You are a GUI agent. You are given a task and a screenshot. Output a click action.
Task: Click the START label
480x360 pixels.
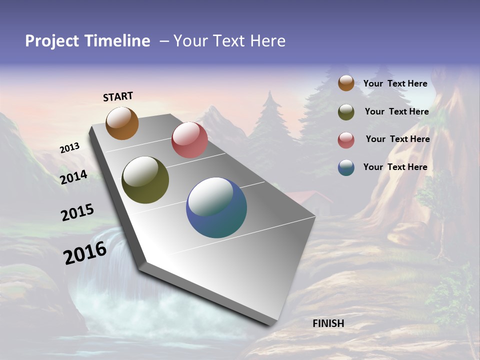click(x=118, y=96)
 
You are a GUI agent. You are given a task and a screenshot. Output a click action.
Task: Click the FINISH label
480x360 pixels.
click(x=328, y=323)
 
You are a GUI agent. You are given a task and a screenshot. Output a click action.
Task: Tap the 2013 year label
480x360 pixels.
click(x=69, y=148)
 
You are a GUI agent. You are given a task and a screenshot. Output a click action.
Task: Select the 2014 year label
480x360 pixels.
click(x=74, y=177)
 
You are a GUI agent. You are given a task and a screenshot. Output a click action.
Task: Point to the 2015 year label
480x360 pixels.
click(x=77, y=212)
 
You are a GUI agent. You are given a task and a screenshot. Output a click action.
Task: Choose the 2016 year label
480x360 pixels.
click(x=85, y=252)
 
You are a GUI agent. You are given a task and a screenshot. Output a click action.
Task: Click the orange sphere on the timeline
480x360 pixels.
click(x=122, y=123)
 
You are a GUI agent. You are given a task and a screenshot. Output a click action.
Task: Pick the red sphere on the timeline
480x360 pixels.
click(x=189, y=140)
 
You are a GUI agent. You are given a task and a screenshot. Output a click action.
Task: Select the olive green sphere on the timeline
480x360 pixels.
click(x=145, y=180)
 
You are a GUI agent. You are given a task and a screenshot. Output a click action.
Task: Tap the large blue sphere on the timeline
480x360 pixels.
click(x=216, y=207)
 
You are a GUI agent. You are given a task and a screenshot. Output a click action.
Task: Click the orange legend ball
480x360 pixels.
click(x=346, y=83)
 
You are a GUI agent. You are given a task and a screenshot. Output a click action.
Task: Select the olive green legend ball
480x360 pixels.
click(x=346, y=112)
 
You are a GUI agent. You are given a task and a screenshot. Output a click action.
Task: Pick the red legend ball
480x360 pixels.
click(x=346, y=140)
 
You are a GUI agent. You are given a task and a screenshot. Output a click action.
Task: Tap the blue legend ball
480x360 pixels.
click(x=346, y=167)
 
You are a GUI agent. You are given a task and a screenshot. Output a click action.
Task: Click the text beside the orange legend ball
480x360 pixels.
click(x=395, y=84)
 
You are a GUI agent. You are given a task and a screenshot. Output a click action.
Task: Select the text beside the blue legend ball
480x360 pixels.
click(x=395, y=167)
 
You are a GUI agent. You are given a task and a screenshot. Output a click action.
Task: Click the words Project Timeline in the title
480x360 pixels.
click(x=87, y=41)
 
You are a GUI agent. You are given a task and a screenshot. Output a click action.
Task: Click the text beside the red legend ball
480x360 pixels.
click(x=397, y=139)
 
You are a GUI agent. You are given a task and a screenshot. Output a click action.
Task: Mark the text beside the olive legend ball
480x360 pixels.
click(x=396, y=111)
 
